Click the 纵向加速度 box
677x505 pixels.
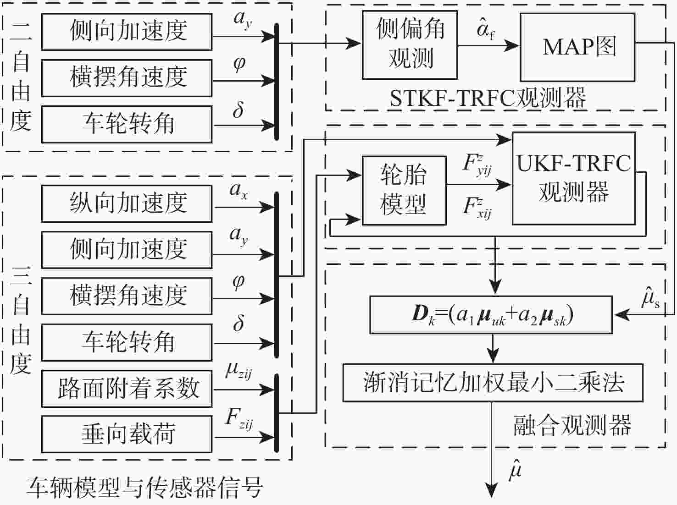127,203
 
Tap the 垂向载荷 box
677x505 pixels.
127,434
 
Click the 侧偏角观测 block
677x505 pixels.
410,45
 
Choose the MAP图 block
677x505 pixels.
577,47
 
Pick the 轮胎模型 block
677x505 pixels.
404,190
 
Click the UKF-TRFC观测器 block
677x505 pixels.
573,178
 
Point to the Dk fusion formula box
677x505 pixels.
491,315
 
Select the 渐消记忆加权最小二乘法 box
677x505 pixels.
493,383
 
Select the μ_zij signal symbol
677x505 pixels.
239,370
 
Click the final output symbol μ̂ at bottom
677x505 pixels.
515,469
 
